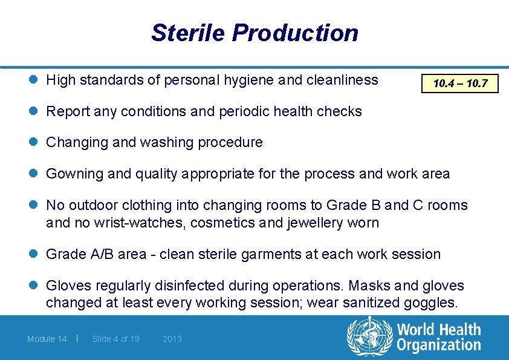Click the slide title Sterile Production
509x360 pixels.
point(254,33)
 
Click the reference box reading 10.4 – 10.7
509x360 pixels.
point(460,83)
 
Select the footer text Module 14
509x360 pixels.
point(47,339)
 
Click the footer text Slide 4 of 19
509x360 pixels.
point(115,339)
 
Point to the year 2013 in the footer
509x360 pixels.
point(172,339)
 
